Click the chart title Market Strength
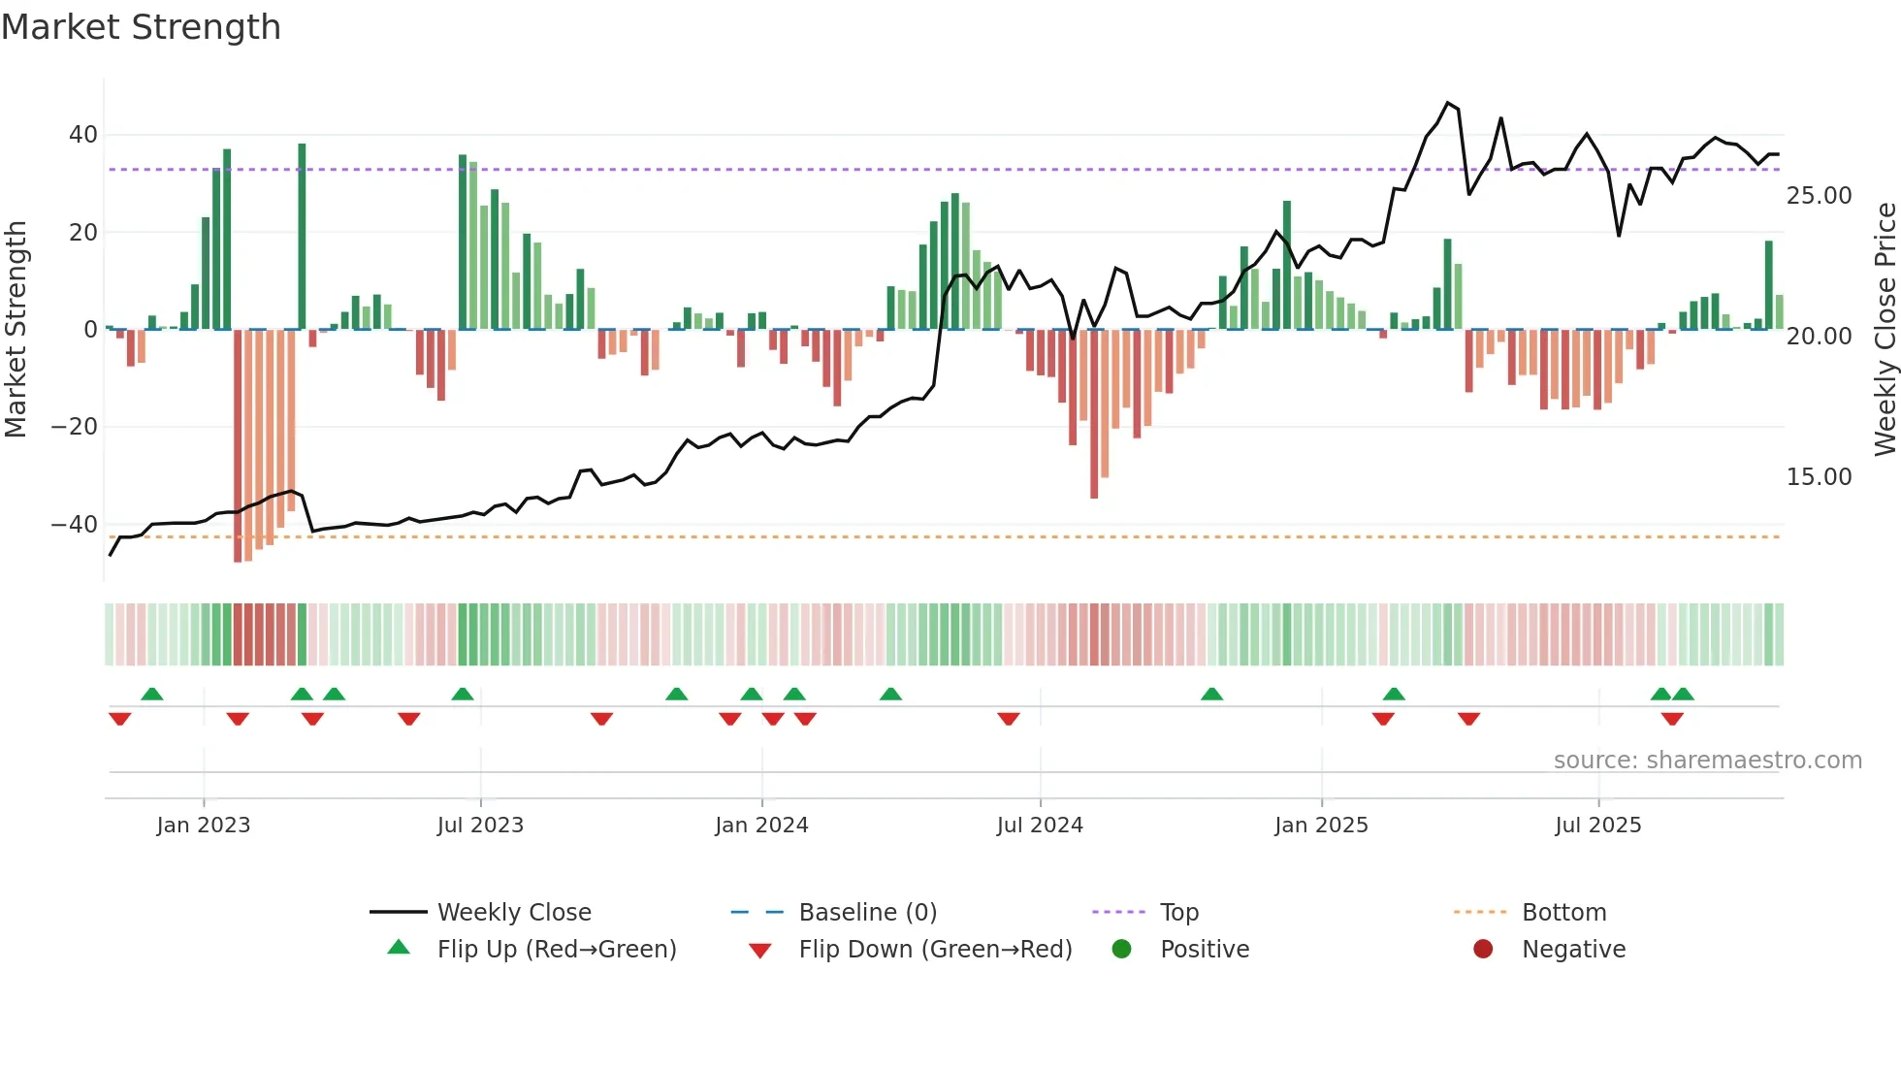141,27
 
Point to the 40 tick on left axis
83,135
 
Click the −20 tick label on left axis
75,427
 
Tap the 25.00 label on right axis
1819,196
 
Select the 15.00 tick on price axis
1819,477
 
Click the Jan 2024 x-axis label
761,826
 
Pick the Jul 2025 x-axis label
1597,826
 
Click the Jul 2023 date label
480,826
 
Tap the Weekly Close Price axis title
1885,330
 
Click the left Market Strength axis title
16,330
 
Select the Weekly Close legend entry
513,913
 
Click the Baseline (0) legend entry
867,913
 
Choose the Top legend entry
1178,913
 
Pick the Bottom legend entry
1563,913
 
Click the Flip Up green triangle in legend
399,948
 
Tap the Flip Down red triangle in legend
760,951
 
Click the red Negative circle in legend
1483,949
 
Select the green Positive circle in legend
1121,949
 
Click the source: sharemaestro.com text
1707,761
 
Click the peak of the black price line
1447,103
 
